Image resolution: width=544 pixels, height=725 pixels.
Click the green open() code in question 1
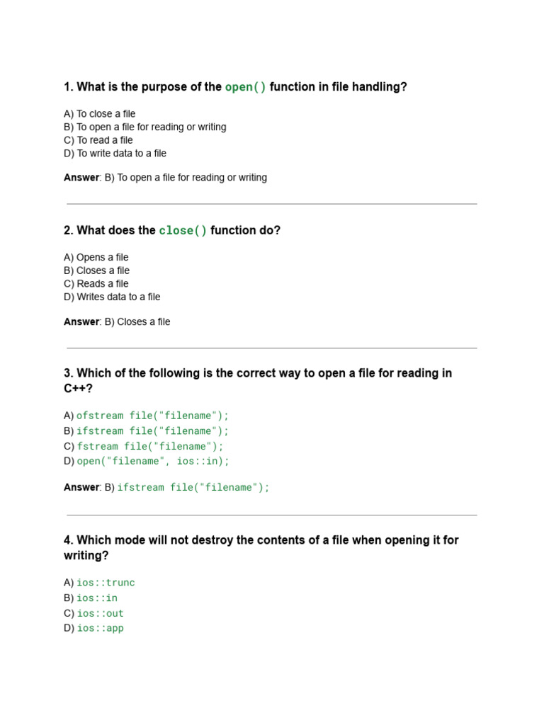coord(246,87)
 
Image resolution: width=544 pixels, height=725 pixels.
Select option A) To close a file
coord(99,114)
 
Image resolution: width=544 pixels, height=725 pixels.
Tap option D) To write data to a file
coord(115,153)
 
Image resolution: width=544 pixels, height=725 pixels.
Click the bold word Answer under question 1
coord(81,178)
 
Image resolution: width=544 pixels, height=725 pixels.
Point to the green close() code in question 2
coord(183,231)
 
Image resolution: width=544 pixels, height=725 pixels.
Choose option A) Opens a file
coord(96,258)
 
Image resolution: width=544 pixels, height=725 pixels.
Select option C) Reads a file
coord(96,284)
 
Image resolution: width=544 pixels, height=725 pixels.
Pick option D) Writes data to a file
coord(112,297)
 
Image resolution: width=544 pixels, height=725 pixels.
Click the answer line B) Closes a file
coord(137,321)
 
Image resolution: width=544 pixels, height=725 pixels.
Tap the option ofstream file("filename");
coord(152,416)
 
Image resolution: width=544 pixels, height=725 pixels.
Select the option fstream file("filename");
coord(149,446)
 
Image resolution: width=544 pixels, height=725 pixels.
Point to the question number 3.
coord(68,373)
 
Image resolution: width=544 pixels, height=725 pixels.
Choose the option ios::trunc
coord(106,583)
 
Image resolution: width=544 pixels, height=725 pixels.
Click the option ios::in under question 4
coord(97,598)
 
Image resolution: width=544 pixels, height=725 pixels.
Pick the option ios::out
coord(100,613)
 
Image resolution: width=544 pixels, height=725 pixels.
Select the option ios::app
coord(100,628)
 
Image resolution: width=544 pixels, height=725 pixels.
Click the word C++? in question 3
coord(78,389)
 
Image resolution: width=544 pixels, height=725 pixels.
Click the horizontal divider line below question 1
coord(272,204)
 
